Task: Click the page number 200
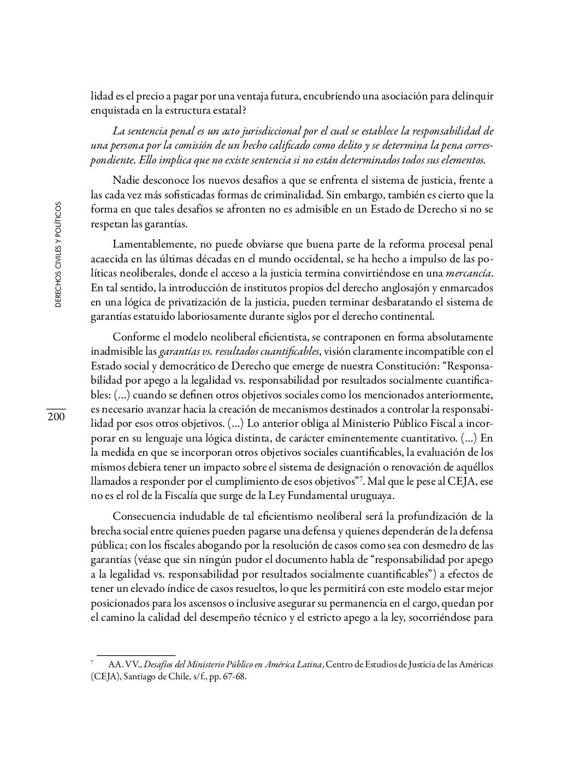pyautogui.click(x=56, y=417)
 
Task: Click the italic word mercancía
pyautogui.click(x=470, y=273)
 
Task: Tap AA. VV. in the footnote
pyautogui.click(x=121, y=665)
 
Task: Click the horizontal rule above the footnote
pyautogui.click(x=136, y=655)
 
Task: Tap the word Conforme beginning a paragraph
pyautogui.click(x=134, y=337)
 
